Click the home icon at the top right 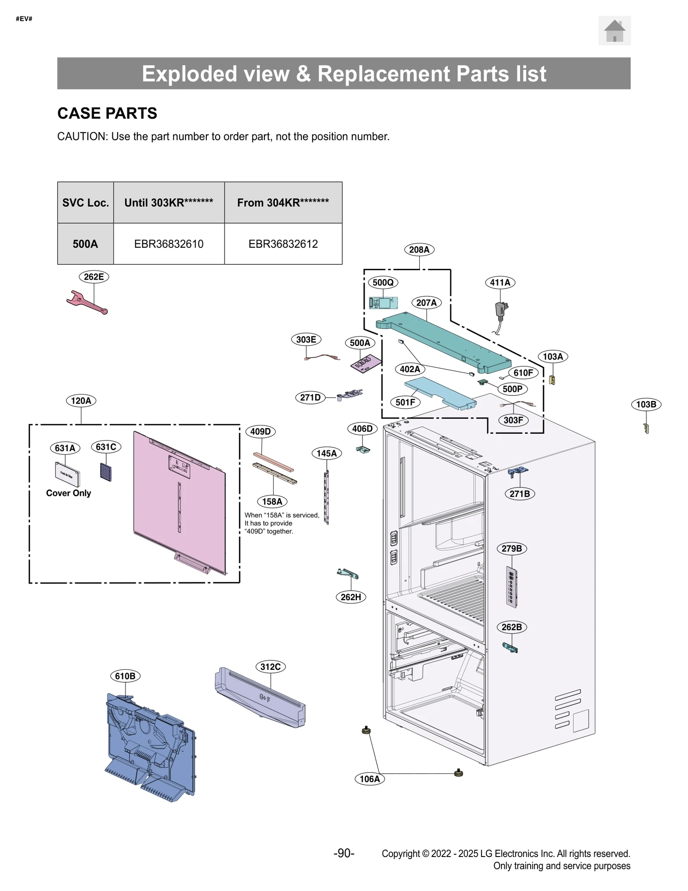[614, 31]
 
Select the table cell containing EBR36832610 [169, 244]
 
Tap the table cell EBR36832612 [283, 244]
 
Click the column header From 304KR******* [283, 203]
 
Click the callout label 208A [419, 250]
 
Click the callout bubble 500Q [383, 282]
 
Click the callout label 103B [646, 404]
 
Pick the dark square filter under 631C [106, 472]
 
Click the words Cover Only [69, 493]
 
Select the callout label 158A [272, 501]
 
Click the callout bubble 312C [270, 667]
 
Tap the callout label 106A [370, 779]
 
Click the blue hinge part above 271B [518, 472]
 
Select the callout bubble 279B [512, 549]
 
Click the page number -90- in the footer [344, 853]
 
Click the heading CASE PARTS [107, 113]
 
